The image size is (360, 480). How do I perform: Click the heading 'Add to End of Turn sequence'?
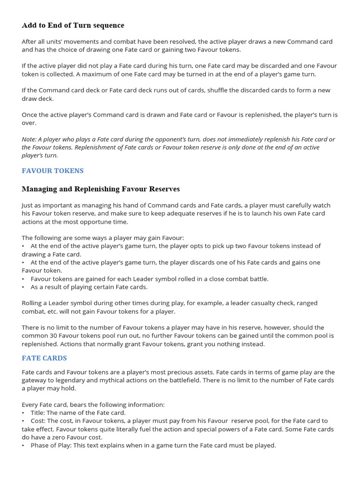click(x=73, y=25)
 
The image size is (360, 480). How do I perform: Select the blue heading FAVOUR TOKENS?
click(x=52, y=171)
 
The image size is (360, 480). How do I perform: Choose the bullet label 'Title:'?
click(x=39, y=412)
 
